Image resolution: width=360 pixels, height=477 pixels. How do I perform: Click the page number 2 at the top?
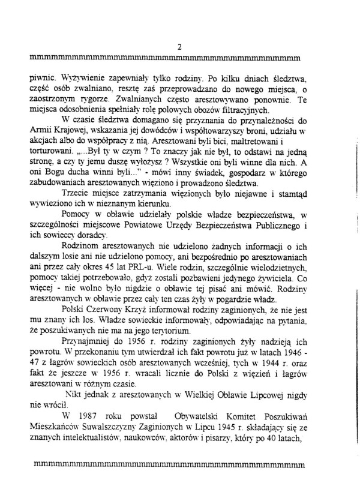[x=179, y=47]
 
